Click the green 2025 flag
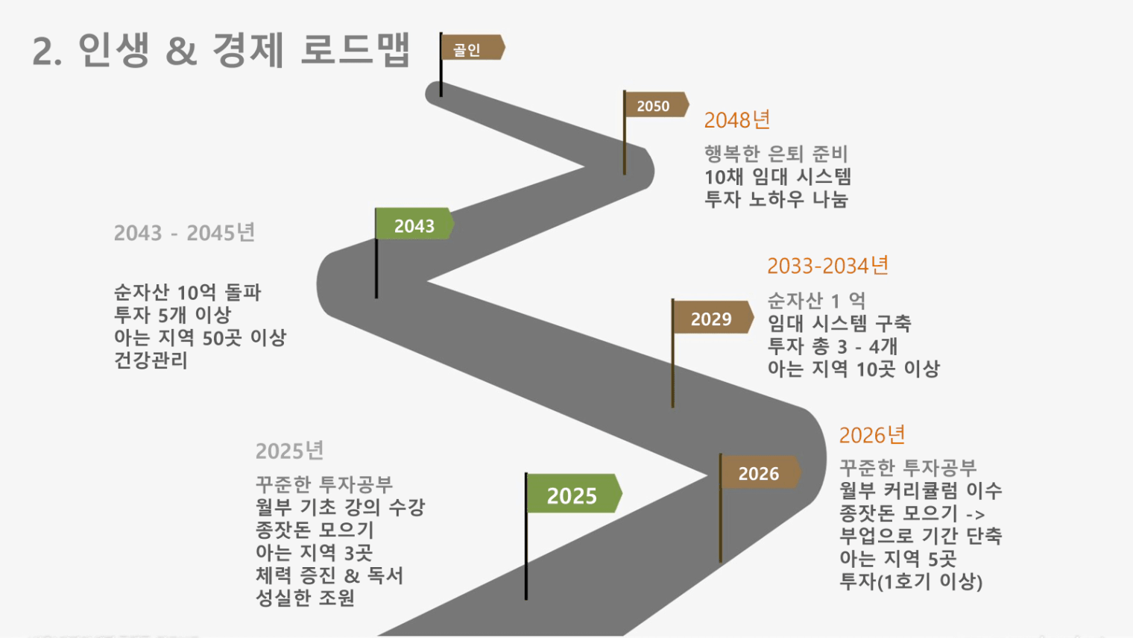point(574,494)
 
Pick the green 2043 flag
point(414,224)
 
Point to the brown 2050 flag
point(657,104)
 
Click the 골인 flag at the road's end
point(473,48)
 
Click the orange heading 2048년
point(737,120)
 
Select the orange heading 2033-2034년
point(827,266)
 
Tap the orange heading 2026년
point(872,435)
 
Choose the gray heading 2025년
point(289,451)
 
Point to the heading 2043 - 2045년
point(184,233)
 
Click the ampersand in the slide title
point(181,51)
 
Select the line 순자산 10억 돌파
point(187,293)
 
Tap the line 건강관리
point(151,360)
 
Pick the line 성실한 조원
point(305,598)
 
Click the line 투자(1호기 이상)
point(911,581)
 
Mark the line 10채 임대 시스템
point(778,177)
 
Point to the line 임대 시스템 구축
point(839,323)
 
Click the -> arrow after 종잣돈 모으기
point(976,515)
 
